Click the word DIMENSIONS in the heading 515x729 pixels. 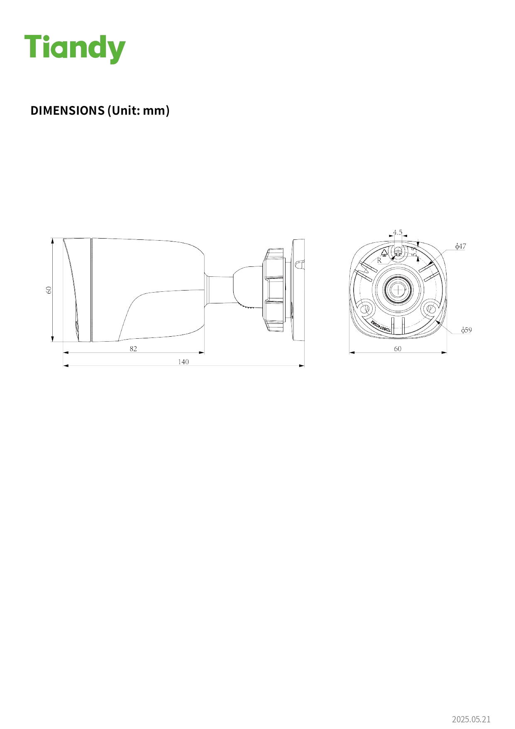67,111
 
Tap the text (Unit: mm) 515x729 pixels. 138,111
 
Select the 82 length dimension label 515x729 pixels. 133,349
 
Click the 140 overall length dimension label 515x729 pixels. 183,362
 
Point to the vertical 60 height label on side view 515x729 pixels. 49,290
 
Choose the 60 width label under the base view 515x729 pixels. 398,349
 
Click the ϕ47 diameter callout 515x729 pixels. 461,246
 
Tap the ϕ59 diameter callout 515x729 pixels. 466,330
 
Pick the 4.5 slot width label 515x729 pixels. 398,232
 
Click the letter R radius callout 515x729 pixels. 379,261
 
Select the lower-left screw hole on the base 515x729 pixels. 366,309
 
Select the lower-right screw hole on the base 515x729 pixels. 431,309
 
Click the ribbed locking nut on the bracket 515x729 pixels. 274,290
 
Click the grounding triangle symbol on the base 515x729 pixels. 385,252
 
